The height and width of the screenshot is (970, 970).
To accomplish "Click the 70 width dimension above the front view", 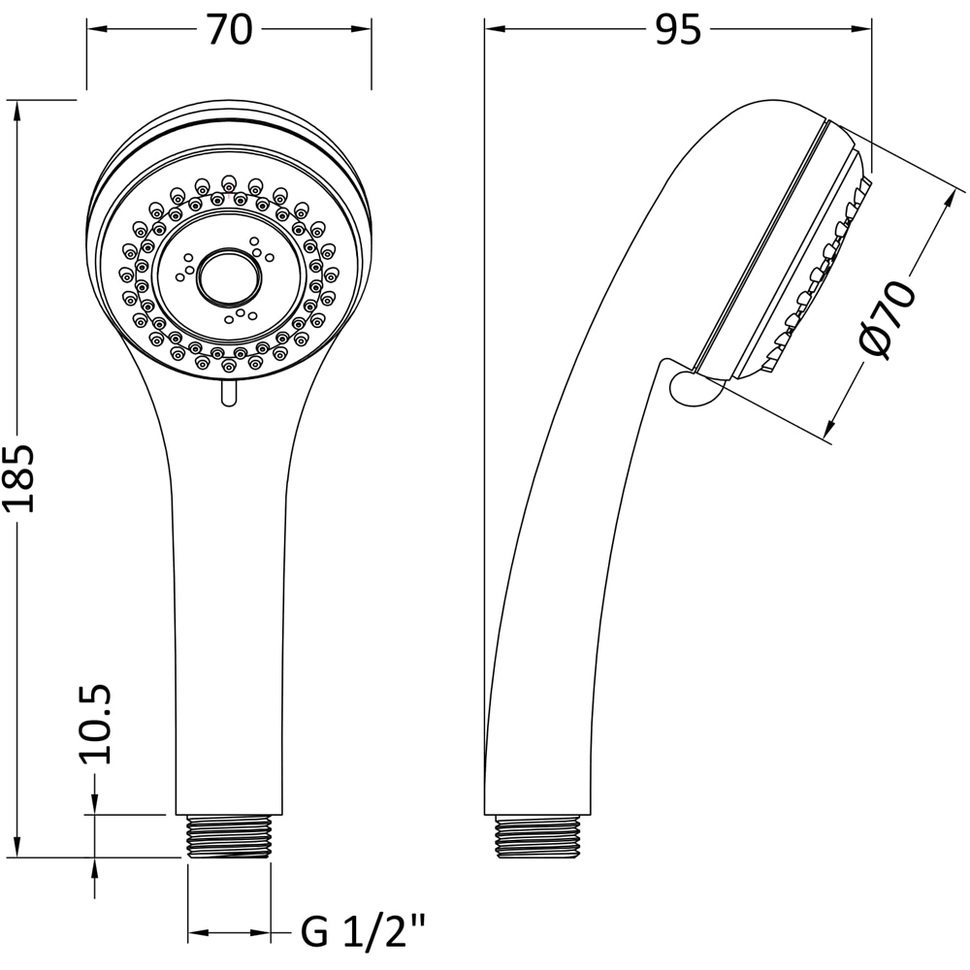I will coord(229,30).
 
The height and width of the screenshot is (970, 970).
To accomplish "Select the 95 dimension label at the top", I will coord(677,30).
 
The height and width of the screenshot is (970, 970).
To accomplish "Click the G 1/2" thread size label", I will coord(364,933).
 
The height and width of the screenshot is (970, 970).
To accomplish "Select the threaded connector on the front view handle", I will coord(228,836).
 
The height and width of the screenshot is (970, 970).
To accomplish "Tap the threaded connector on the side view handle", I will coord(539,836).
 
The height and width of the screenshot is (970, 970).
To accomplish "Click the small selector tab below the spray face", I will coord(228,392).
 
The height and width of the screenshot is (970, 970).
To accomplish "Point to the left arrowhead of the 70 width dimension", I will coord(95,30).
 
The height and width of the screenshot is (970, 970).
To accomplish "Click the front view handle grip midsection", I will coord(230,601).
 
